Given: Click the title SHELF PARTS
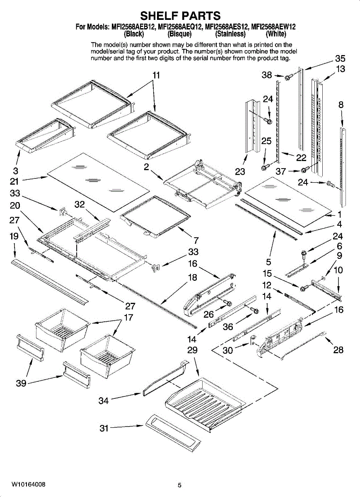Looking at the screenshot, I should (180, 16).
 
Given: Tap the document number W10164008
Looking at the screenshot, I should (29, 484).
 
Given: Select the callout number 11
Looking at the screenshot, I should (156, 75).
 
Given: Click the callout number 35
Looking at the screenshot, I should (340, 58).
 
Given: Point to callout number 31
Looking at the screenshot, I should (104, 428).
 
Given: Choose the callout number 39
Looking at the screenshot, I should (21, 383).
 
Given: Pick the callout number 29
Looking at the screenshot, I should (192, 350).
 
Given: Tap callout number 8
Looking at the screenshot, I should (341, 105).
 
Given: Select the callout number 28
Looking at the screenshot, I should (338, 350).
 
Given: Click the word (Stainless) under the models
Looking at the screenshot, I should (230, 34).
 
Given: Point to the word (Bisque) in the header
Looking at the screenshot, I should (179, 34).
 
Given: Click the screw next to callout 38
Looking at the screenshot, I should (289, 77).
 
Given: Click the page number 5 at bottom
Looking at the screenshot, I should (180, 485).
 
